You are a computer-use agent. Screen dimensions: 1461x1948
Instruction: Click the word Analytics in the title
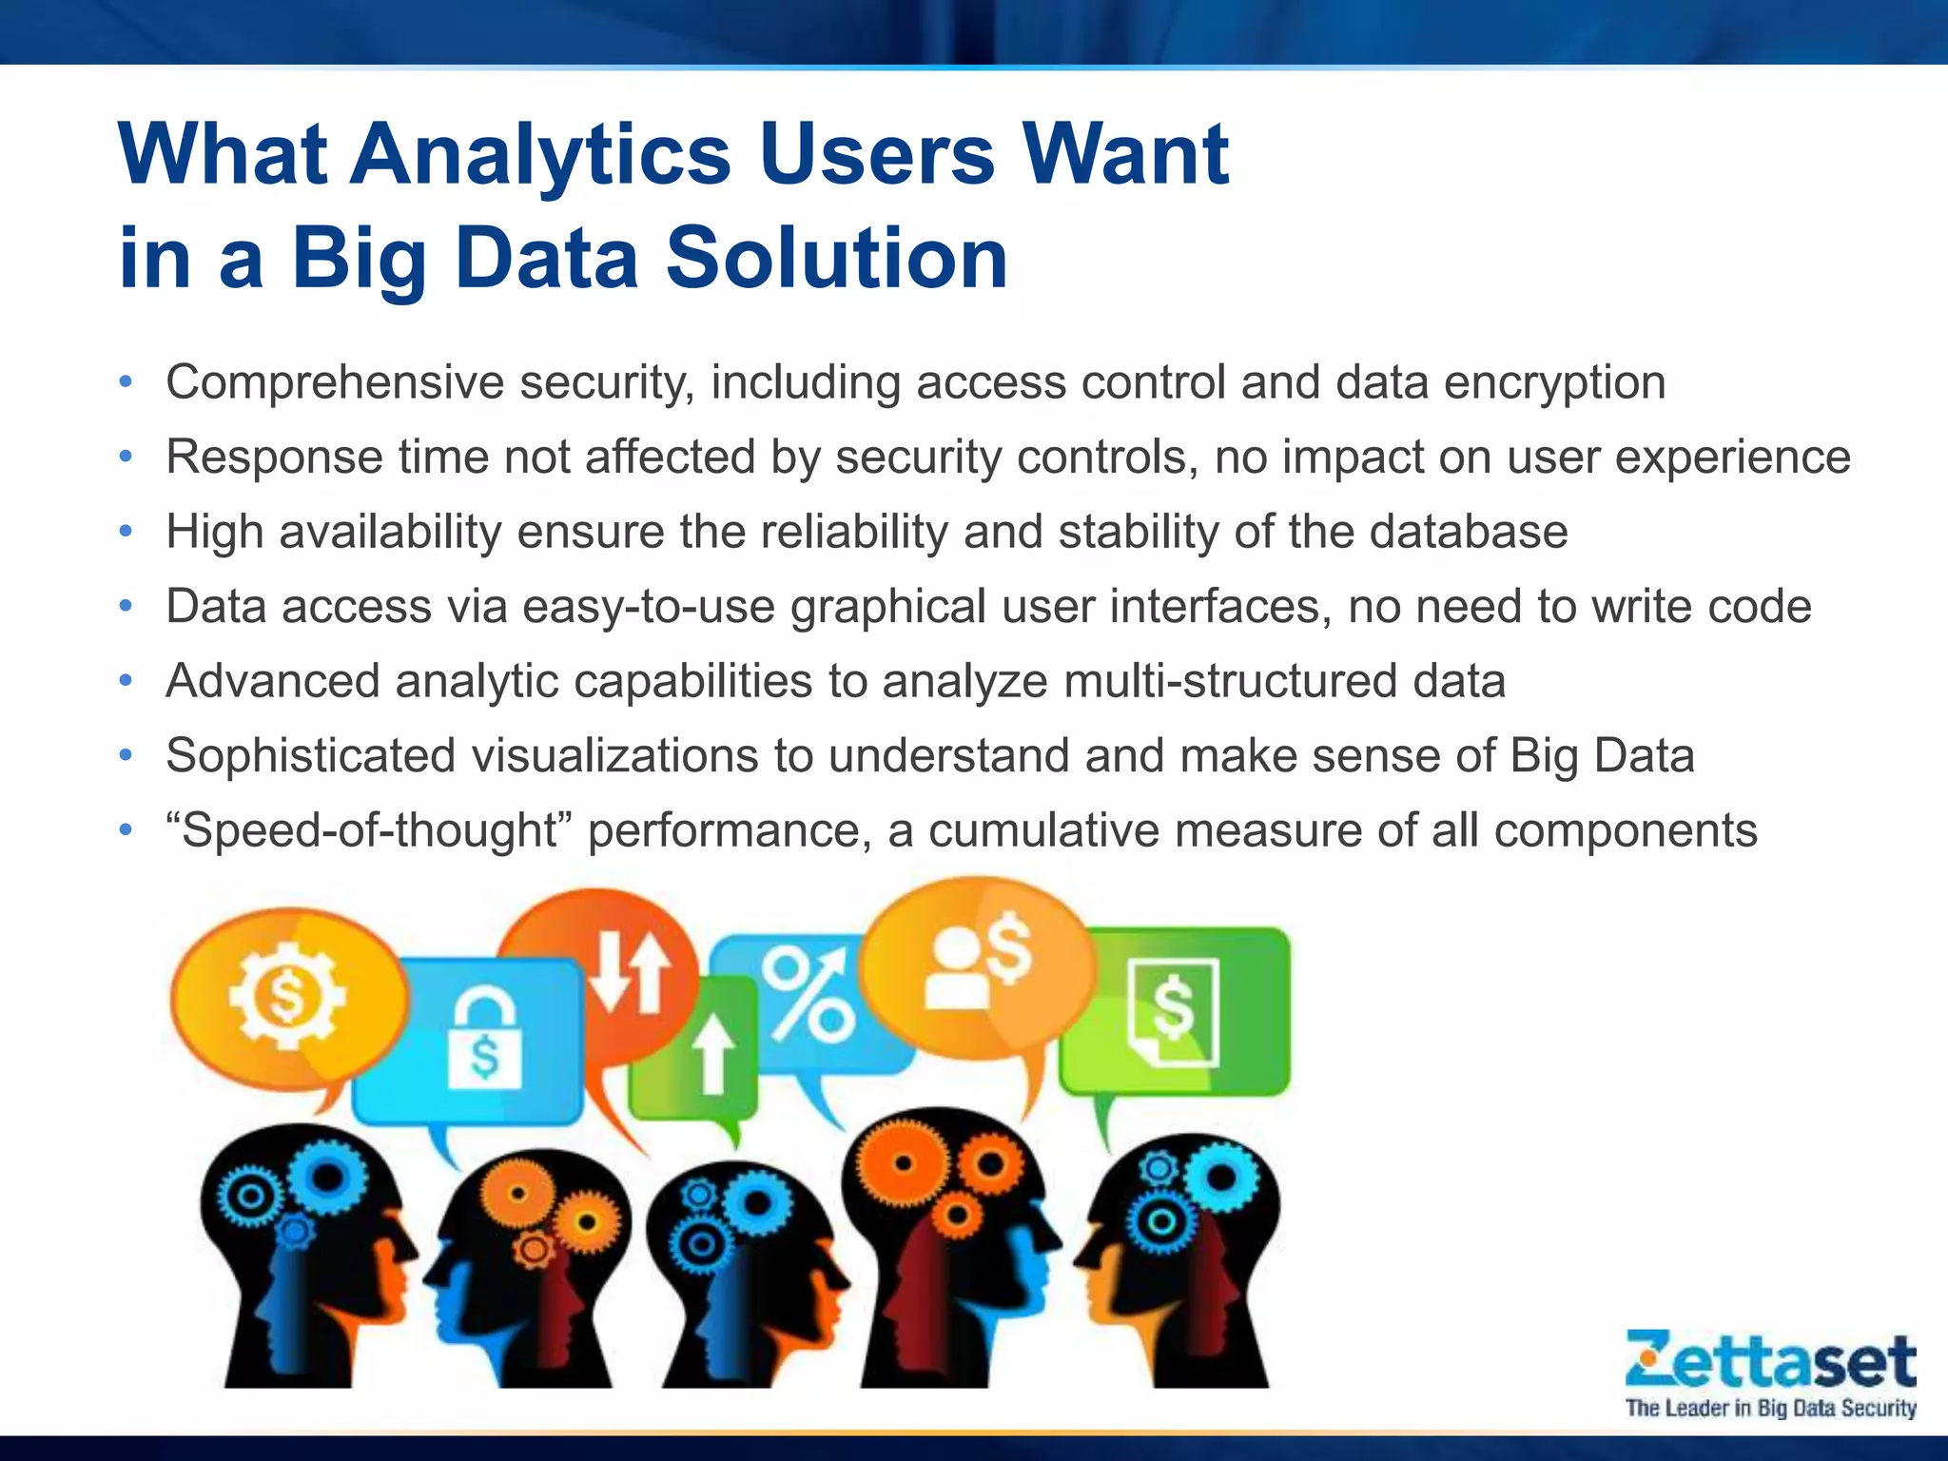(x=540, y=156)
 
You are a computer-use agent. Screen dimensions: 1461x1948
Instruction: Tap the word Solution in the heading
(x=836, y=259)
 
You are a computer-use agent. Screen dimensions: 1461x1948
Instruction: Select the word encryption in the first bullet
(x=1554, y=382)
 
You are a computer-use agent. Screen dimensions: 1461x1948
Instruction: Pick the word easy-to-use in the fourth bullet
(x=649, y=606)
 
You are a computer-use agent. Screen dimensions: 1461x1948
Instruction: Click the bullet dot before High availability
(x=126, y=531)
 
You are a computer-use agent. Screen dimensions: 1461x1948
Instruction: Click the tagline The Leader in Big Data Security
(x=1770, y=1408)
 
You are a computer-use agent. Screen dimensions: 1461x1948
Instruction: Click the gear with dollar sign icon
(x=286, y=996)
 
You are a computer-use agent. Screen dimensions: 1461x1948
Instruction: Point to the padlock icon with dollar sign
(x=485, y=1038)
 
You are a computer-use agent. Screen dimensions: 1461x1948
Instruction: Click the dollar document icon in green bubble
(x=1173, y=1011)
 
